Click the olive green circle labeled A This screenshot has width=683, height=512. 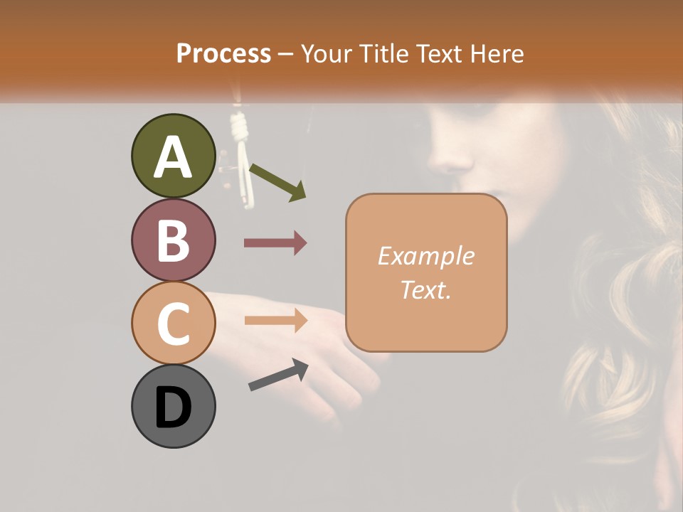point(174,156)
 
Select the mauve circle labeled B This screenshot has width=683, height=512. point(174,240)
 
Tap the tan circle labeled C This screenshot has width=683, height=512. point(174,323)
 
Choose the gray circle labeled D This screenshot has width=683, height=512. point(174,406)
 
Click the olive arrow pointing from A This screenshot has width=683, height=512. point(277,182)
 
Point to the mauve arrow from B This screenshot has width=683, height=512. point(275,243)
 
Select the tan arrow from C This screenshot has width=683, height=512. point(275,321)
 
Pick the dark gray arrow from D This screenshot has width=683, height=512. point(278,374)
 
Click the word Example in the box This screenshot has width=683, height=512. point(425,256)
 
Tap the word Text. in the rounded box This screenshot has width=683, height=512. point(425,289)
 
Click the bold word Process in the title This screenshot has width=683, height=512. point(223,53)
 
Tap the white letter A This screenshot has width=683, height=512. point(174,157)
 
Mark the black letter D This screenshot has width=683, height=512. point(174,407)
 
